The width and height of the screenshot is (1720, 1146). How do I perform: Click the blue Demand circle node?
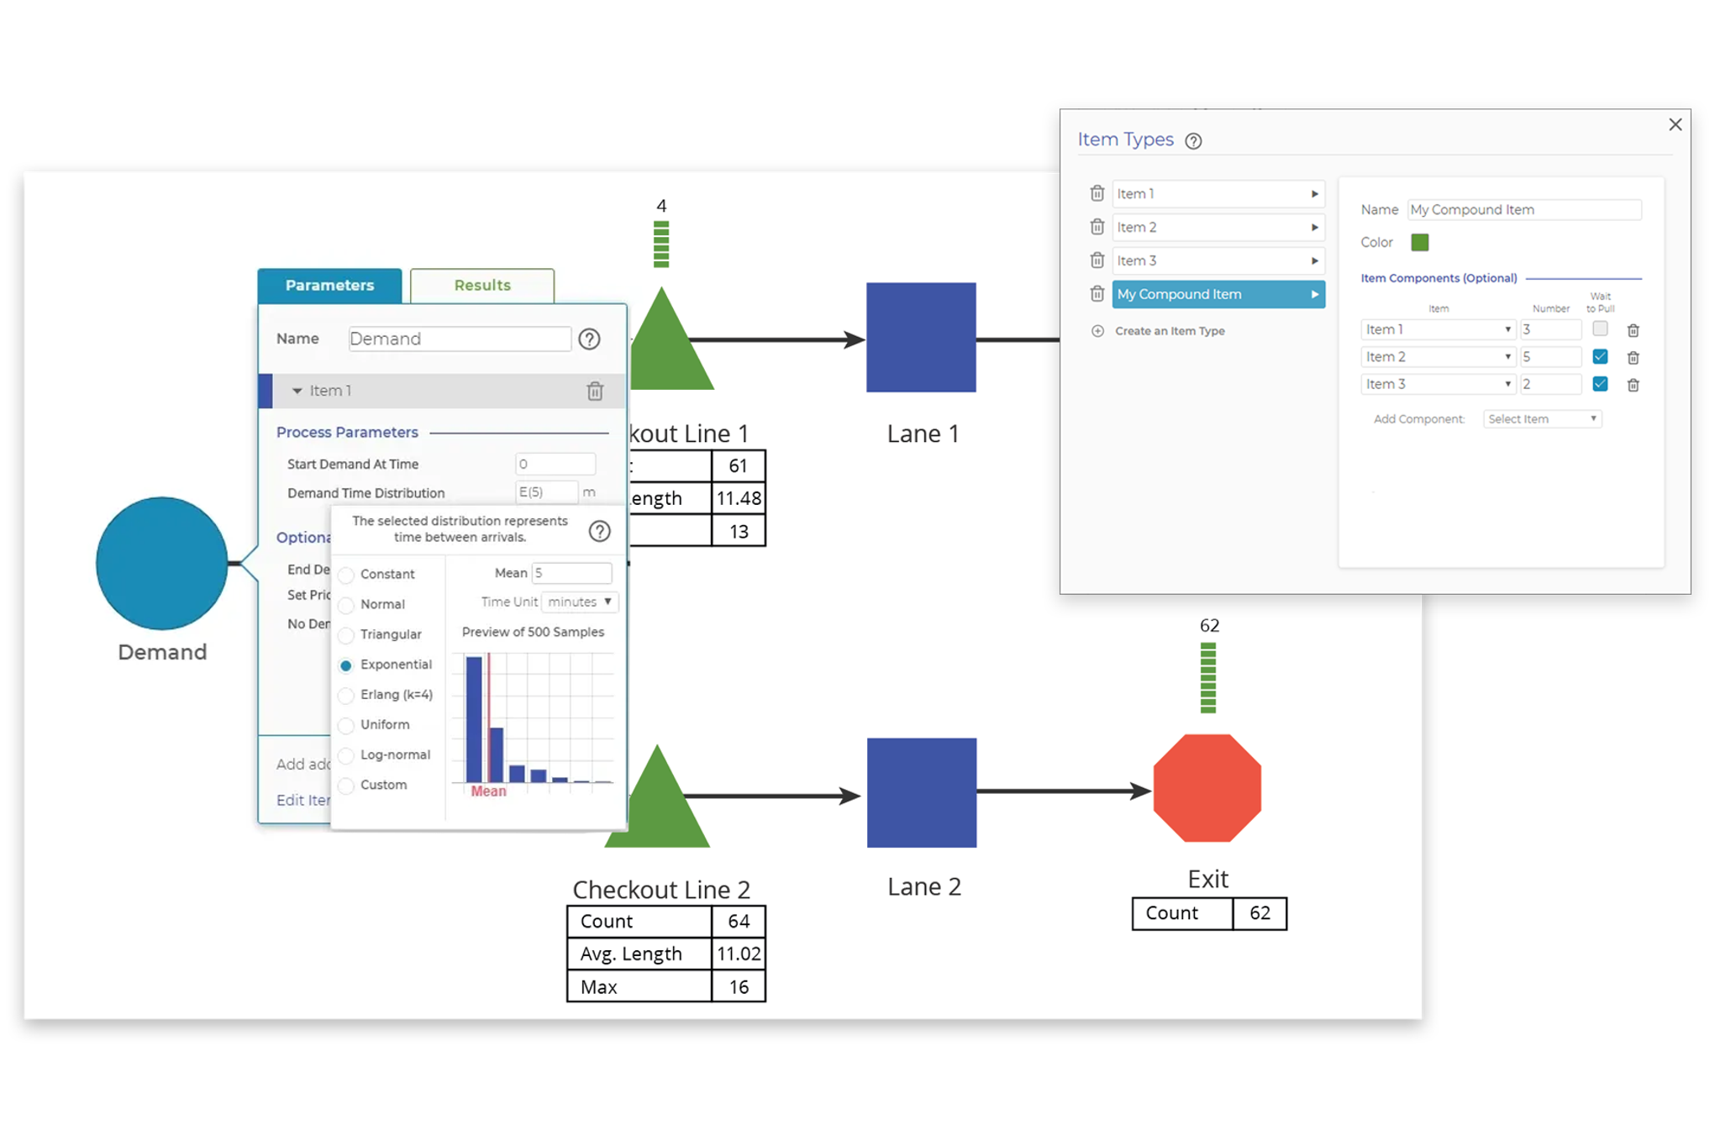[161, 563]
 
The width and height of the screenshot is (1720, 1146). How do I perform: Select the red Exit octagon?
[1207, 788]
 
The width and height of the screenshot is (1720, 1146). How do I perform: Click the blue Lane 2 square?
[921, 792]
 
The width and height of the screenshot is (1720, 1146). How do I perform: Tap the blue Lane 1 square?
[921, 337]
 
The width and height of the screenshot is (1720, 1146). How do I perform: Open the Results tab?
[481, 286]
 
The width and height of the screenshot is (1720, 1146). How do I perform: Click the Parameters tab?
[329, 286]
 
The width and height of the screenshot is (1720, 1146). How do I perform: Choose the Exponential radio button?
[346, 665]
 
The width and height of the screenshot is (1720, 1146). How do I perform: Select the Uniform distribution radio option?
[346, 725]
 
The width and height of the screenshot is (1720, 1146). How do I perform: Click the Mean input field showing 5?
[571, 573]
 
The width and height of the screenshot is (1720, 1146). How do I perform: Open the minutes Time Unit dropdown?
[580, 602]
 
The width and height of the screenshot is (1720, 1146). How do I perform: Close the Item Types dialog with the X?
[1675, 124]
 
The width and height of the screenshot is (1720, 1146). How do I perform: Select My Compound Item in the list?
[1218, 294]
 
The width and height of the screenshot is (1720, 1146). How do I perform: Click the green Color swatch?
[1419, 243]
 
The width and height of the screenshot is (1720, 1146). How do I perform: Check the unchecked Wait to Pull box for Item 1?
[1600, 329]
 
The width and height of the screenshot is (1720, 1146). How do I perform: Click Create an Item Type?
[1169, 331]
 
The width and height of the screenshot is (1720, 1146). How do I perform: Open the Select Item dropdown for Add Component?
[1542, 419]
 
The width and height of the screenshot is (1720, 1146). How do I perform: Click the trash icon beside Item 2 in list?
[1097, 227]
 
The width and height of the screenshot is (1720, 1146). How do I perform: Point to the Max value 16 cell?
[738, 986]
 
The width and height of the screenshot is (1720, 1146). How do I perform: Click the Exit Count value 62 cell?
[1259, 913]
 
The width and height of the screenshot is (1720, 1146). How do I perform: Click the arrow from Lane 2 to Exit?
[1063, 791]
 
